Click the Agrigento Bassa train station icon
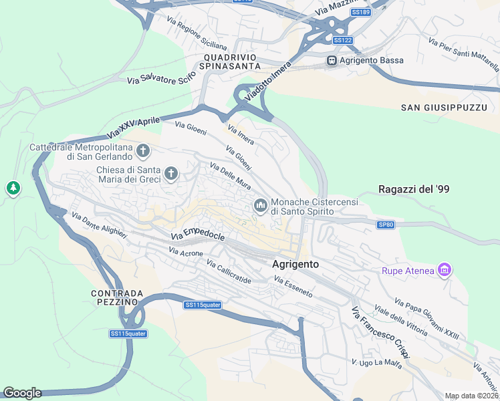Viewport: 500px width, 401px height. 331,61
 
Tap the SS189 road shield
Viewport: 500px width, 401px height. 360,12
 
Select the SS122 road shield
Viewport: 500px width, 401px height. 342,40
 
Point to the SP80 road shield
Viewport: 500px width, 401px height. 386,225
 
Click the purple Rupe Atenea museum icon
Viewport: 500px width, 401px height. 444,270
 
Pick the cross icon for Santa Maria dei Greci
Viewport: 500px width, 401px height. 171,174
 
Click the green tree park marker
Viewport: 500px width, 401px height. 13,188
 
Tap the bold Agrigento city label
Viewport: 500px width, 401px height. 295,264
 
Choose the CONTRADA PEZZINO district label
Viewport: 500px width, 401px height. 117,297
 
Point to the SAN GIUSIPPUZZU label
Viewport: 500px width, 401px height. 444,108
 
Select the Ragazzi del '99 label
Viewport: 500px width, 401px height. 413,189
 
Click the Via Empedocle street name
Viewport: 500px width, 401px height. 197,233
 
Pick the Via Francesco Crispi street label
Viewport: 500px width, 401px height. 380,336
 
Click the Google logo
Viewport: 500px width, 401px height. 21,393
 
